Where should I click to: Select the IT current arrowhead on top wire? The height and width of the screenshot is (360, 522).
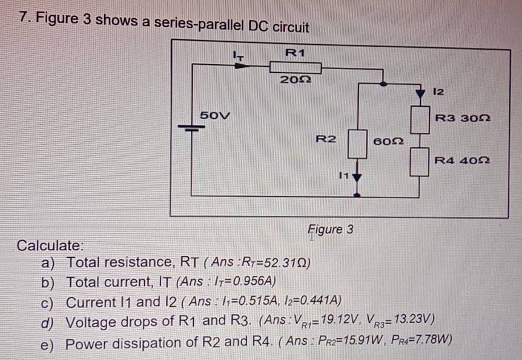tap(242, 62)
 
